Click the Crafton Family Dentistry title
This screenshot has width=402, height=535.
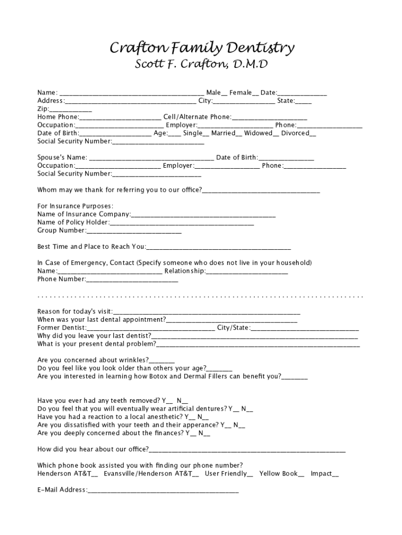pyautogui.click(x=201, y=49)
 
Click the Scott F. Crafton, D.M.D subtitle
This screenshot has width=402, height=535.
pyautogui.click(x=201, y=65)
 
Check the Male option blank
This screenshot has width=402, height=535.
pyautogui.click(x=224, y=94)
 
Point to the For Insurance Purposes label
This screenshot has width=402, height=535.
pyautogui.click(x=75, y=206)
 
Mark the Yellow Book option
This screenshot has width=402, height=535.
pyautogui.click(x=301, y=474)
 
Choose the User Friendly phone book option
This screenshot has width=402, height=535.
pyautogui.click(x=250, y=474)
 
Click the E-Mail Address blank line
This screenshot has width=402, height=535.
pyautogui.click(x=163, y=491)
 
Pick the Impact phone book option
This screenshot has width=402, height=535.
pyautogui.click(x=335, y=474)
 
